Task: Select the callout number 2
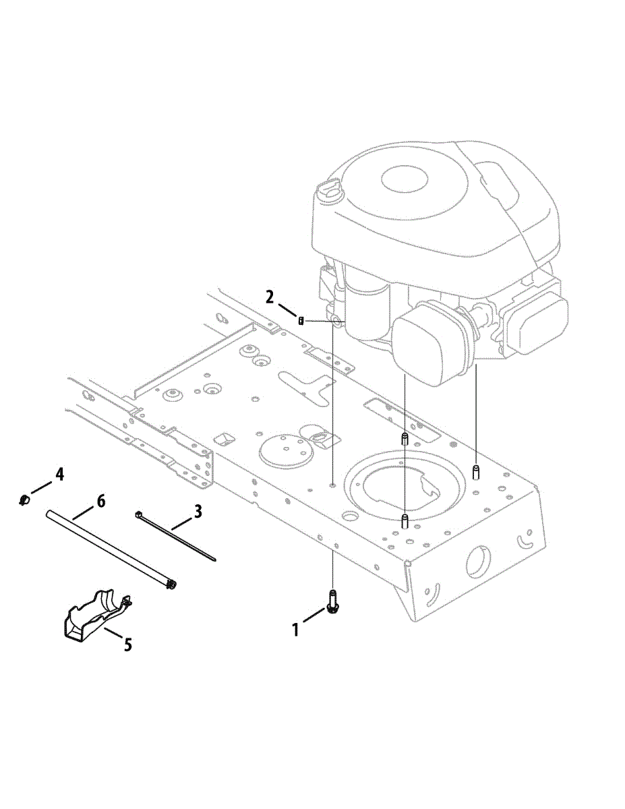tap(270, 297)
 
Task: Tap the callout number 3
tap(198, 511)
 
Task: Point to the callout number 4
tap(59, 475)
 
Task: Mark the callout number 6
tap(101, 501)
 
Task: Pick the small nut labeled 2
tap(301, 320)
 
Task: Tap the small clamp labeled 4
tap(24, 500)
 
